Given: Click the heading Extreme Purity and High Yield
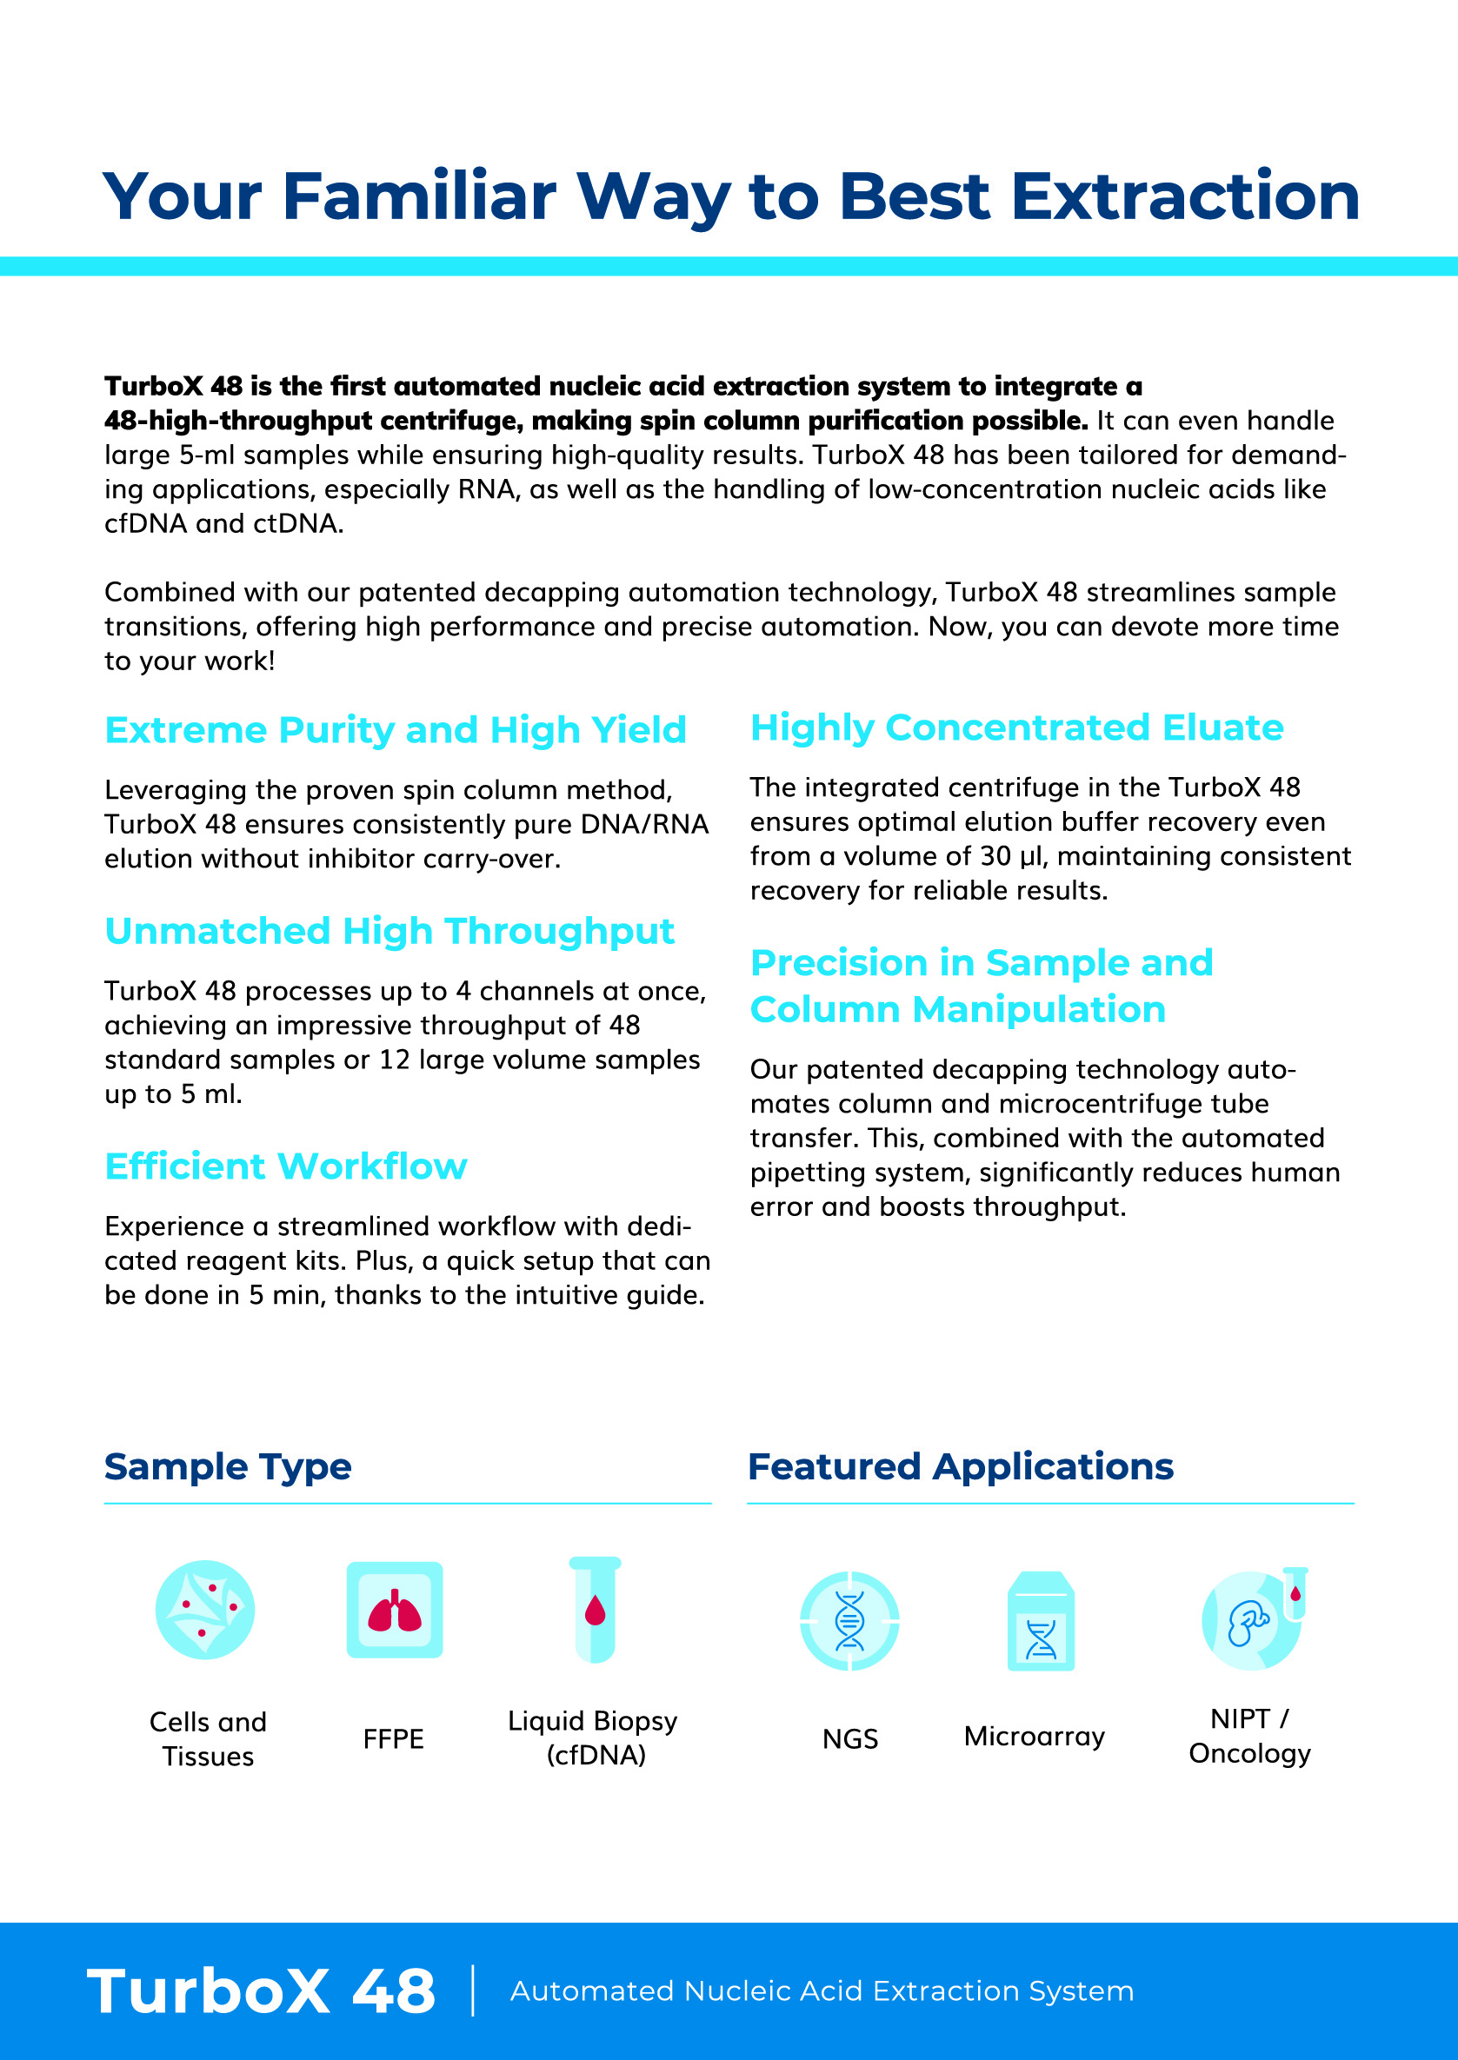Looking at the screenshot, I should (x=395, y=731).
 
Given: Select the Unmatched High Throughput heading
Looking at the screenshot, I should (x=389, y=932).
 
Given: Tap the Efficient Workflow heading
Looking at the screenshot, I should (x=285, y=1166).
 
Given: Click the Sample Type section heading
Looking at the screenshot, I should (x=227, y=1466).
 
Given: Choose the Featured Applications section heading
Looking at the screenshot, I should (x=960, y=1466).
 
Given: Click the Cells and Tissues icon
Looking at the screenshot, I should (x=204, y=1611).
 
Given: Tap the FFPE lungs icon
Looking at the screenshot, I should (x=394, y=1611).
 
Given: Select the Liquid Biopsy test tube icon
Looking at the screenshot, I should (x=595, y=1611).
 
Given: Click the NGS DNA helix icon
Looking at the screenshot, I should (x=849, y=1621).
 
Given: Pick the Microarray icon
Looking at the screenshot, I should (x=1041, y=1621).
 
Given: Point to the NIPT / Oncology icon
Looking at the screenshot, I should (x=1254, y=1619).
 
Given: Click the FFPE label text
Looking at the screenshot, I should (x=393, y=1739).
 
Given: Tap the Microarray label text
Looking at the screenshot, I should (x=1035, y=1737).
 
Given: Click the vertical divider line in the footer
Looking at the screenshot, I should (x=473, y=1990).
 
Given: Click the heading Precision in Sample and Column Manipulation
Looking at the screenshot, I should (x=981, y=987).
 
